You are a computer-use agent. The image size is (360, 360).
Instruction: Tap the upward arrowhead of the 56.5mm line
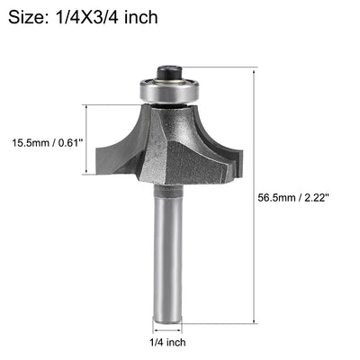pos(258,71)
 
